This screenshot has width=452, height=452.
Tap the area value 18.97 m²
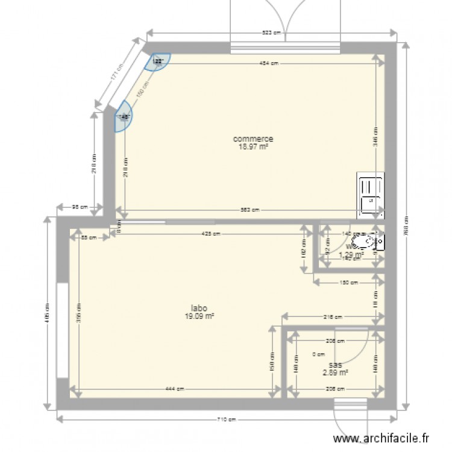click(x=255, y=145)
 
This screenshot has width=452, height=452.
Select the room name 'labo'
click(x=201, y=307)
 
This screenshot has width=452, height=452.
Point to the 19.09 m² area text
click(x=201, y=315)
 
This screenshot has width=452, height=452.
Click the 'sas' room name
click(x=336, y=365)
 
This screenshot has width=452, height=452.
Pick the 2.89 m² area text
click(x=336, y=372)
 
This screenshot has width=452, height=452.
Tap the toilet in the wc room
click(x=365, y=243)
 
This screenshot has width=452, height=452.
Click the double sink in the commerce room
click(x=370, y=195)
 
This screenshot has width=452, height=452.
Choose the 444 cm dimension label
click(x=175, y=389)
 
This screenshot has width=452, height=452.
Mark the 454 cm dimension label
click(x=269, y=63)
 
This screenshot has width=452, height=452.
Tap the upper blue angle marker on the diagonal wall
click(x=159, y=61)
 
